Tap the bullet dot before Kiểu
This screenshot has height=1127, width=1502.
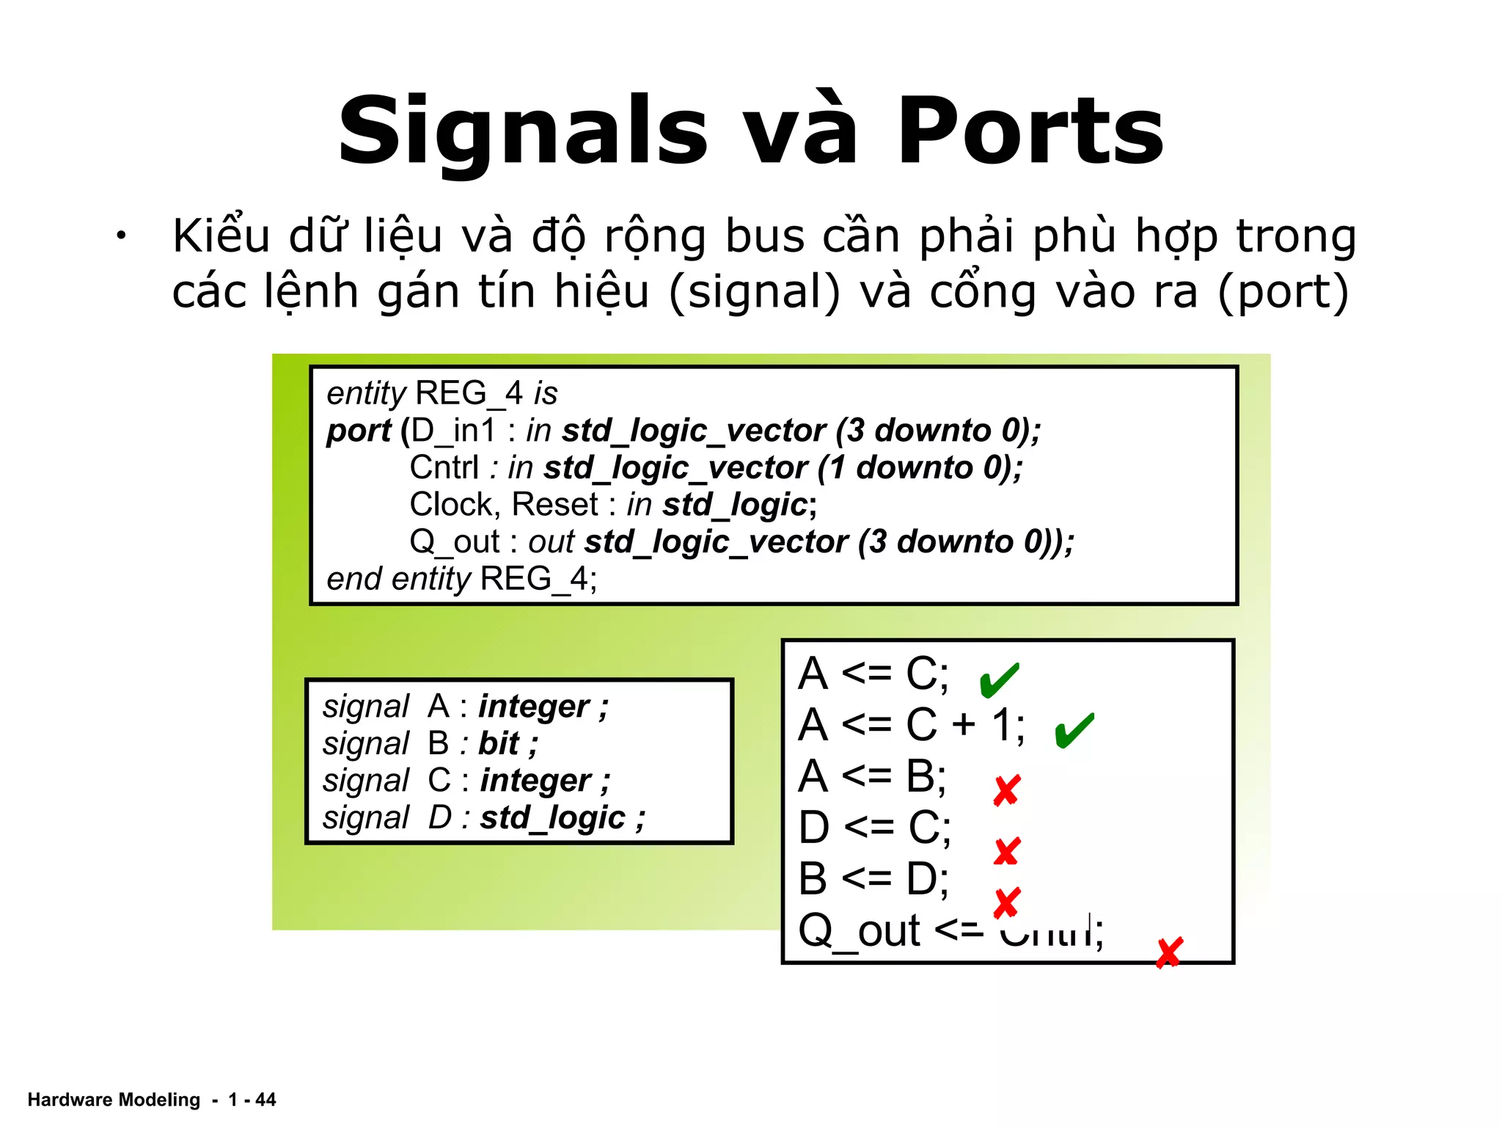[x=120, y=236]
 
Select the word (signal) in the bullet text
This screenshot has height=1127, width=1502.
[x=755, y=291]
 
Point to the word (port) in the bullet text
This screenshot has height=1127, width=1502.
[x=1283, y=291]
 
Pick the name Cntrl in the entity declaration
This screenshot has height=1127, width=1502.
[x=444, y=467]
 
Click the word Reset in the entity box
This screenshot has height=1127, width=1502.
[x=555, y=505]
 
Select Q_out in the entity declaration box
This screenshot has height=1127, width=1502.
[x=455, y=542]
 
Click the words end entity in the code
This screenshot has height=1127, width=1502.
[x=398, y=579]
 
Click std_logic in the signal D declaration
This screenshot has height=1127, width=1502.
[x=553, y=817]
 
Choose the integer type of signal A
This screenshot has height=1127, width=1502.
[x=534, y=707]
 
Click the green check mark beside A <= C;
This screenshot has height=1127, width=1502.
[x=999, y=679]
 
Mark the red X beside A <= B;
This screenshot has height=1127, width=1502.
[x=1006, y=790]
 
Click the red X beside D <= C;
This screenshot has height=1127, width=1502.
[x=1006, y=851]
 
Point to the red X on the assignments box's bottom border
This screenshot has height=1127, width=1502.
[x=1168, y=953]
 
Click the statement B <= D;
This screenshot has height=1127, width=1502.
[x=873, y=878]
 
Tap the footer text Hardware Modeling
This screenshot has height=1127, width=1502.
[x=114, y=1100]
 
